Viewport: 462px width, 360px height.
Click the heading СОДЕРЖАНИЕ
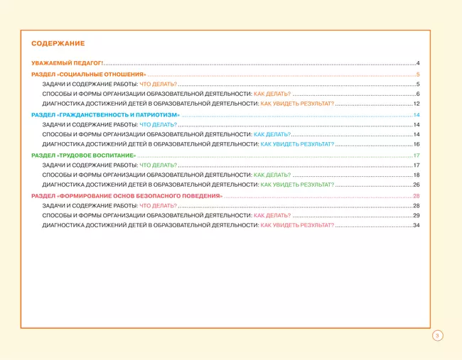tap(58, 43)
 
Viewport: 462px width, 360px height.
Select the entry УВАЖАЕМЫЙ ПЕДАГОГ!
tap(68, 63)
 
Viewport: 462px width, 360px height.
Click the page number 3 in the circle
tap(437, 335)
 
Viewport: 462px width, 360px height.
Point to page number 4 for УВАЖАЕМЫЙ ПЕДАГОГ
tap(419, 63)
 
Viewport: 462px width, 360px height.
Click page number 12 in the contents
tap(417, 104)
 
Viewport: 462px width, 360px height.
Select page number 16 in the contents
tap(417, 144)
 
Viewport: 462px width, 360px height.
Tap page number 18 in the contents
tap(417, 175)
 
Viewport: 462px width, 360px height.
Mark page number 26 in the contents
tap(417, 185)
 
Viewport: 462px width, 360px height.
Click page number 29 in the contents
tap(417, 215)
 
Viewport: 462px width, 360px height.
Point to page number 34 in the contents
tap(417, 225)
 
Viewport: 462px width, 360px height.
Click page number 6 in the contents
tap(418, 94)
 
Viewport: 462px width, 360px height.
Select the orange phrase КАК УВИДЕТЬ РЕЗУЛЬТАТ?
tap(297, 104)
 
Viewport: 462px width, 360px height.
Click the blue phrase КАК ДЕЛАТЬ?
tap(272, 134)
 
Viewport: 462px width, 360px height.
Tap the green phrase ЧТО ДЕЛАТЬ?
tap(158, 165)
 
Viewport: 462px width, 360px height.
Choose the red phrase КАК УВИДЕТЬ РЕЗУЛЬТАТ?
tap(297, 225)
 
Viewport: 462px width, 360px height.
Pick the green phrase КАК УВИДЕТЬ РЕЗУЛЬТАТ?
tap(297, 185)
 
